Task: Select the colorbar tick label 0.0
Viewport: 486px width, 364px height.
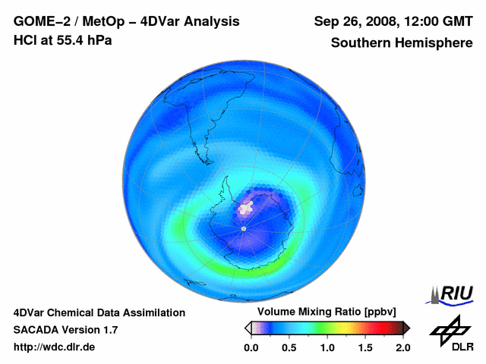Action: point(251,347)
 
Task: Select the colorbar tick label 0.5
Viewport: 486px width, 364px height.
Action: point(289,347)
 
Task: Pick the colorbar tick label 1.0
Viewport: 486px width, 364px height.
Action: point(327,347)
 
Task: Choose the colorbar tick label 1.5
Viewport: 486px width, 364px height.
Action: point(364,347)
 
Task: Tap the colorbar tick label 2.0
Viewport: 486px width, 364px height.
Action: point(402,347)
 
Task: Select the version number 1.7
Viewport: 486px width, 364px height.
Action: point(109,330)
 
